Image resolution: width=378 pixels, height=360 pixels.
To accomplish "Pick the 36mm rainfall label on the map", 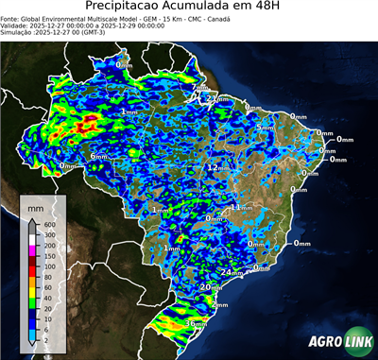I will (x=196, y=323).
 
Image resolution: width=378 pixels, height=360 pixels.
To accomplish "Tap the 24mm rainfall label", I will (x=230, y=272).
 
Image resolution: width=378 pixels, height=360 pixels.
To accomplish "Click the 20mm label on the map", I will (x=210, y=287).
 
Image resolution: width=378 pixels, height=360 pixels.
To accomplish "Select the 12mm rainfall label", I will (x=216, y=166).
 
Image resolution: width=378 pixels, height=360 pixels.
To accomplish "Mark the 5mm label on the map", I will (x=266, y=127).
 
